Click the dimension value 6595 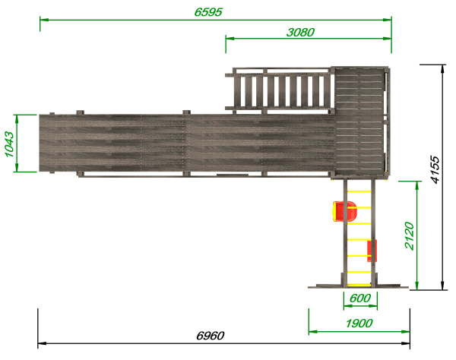208,12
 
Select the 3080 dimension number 300,32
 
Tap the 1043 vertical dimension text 9,144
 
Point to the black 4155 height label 435,170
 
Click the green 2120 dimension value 410,235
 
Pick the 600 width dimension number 360,298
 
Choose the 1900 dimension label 359,323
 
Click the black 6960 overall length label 211,336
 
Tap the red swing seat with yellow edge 344,211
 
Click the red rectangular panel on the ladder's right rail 372,251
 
